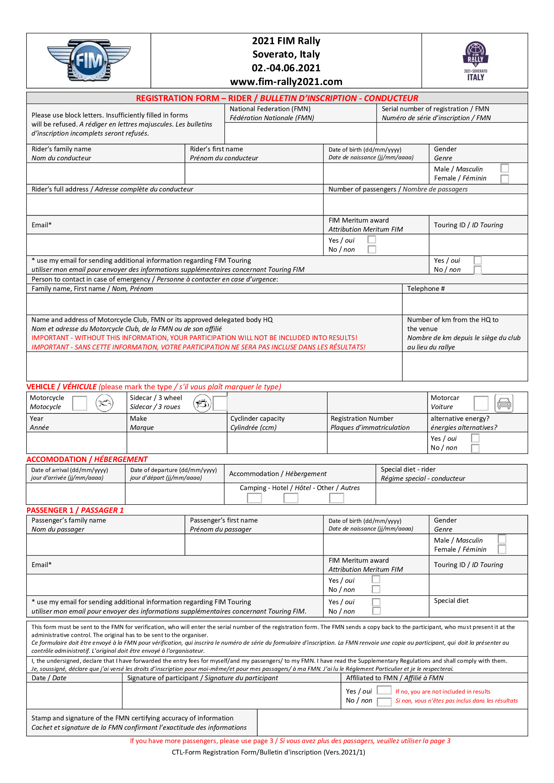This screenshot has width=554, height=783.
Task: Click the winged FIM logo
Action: [x=89, y=60]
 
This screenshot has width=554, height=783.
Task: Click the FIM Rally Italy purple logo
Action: [x=475, y=61]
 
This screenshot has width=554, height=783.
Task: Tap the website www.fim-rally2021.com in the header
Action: [x=286, y=81]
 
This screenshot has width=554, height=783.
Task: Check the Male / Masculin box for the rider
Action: [x=504, y=168]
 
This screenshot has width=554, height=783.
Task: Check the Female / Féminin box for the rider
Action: [x=504, y=178]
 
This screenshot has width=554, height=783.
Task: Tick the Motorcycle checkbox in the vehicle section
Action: [x=79, y=403]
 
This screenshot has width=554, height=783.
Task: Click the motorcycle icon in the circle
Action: [x=104, y=403]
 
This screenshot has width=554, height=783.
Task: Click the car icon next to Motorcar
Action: [x=504, y=403]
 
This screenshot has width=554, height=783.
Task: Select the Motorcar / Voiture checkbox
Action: [x=481, y=403]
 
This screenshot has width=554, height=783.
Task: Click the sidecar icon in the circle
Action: [x=202, y=403]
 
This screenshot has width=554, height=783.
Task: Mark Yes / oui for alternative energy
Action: [x=475, y=438]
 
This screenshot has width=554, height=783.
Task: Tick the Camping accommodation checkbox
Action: [x=254, y=498]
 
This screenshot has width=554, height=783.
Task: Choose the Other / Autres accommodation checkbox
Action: [x=336, y=498]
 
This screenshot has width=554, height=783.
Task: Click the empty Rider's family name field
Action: [x=106, y=173]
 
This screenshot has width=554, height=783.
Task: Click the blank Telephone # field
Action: [x=465, y=304]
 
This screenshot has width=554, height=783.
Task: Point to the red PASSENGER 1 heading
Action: [x=75, y=510]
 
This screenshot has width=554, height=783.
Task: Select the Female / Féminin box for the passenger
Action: [x=502, y=549]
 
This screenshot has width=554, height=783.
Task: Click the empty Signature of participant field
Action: [x=231, y=695]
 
